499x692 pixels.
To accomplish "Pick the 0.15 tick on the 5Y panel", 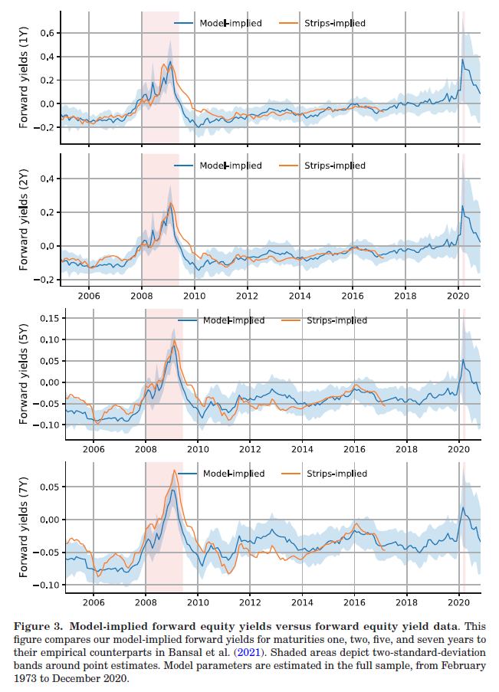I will click(x=49, y=317).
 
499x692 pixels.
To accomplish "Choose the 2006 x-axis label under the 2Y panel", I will click(x=89, y=295).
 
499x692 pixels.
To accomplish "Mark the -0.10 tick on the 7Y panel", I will click(x=47, y=584).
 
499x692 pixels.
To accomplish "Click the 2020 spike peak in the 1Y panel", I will click(x=462, y=60).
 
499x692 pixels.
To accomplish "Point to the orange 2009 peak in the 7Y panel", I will click(x=174, y=471).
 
